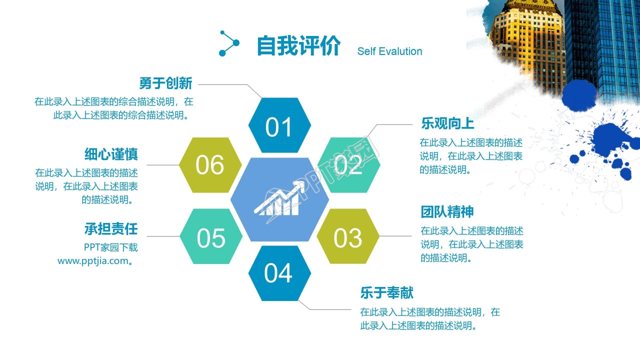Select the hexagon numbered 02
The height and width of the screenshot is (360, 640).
[x=348, y=165]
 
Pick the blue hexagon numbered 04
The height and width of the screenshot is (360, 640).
[x=279, y=273]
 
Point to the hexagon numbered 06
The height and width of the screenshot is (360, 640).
[x=210, y=165]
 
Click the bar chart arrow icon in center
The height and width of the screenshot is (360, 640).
[x=280, y=200]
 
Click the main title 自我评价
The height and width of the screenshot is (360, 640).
[x=298, y=46]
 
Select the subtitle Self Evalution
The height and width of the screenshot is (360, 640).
[x=389, y=51]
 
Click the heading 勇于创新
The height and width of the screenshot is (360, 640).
[x=165, y=83]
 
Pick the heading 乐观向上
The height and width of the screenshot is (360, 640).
[x=447, y=123]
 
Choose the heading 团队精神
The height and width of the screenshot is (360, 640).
[x=447, y=212]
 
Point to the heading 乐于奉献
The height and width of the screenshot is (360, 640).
[x=386, y=292]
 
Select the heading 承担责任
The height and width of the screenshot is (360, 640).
[x=111, y=229]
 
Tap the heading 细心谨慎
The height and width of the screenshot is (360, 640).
[x=111, y=154]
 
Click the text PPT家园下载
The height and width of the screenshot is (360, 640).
[x=110, y=247]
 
